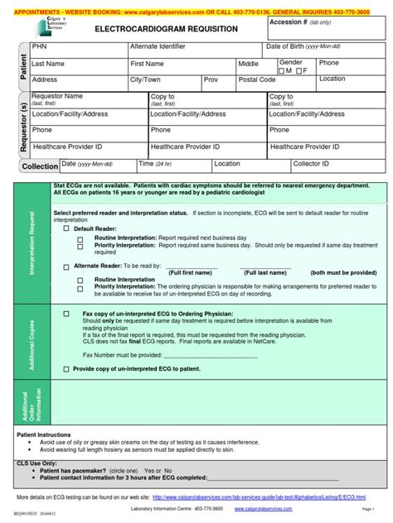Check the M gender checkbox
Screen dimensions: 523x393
(284, 71)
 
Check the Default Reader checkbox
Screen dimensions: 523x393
(67, 228)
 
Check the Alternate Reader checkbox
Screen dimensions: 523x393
(67, 266)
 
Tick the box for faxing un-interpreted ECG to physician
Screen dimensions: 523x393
(67, 315)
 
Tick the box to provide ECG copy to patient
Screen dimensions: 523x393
(67, 368)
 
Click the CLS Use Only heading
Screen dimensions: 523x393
(41, 462)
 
